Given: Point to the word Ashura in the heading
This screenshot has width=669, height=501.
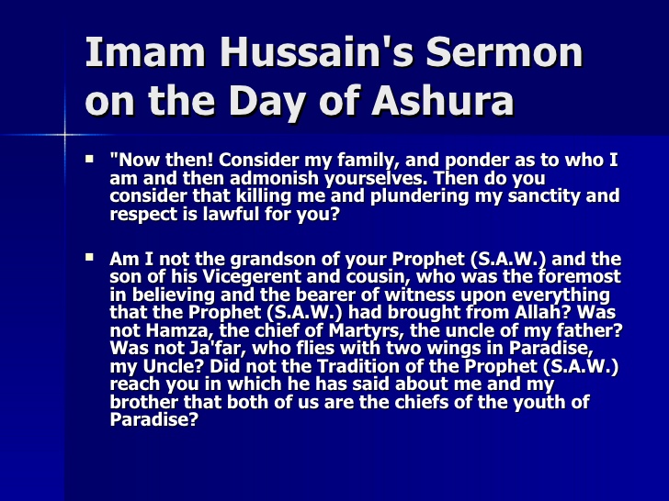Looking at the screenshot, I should tap(443, 101).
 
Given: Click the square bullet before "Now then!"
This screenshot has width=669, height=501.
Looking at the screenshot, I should tap(90, 160).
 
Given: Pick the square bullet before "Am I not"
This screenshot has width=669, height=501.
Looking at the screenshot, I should tap(90, 259).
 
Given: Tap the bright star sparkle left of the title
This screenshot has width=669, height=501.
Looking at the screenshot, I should tap(65, 135).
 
